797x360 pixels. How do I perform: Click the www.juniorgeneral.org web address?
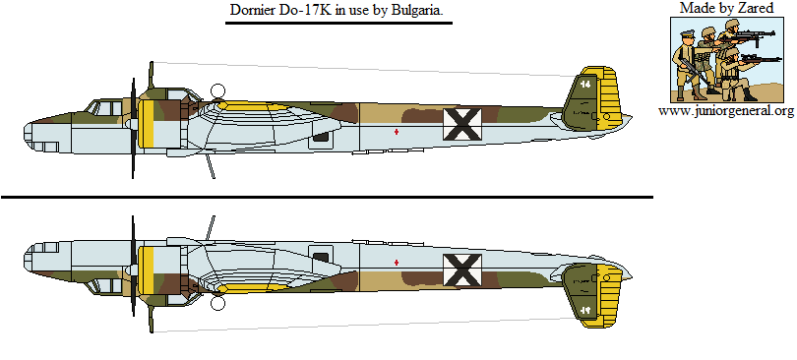726,111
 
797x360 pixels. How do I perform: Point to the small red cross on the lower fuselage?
397,262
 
